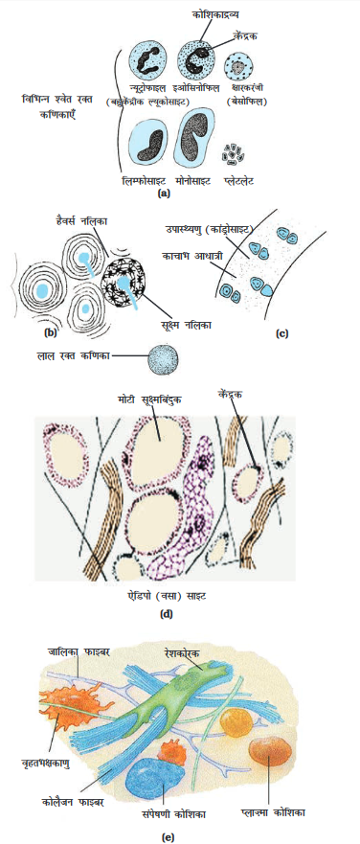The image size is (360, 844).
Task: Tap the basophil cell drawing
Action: pos(236,67)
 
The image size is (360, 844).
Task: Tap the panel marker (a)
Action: pos(164,193)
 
